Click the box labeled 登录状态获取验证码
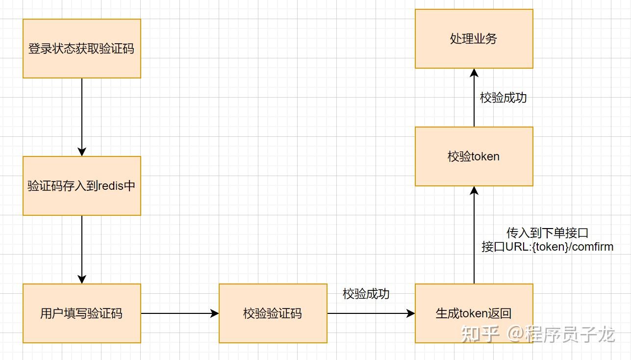click(x=82, y=49)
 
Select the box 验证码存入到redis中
click(x=82, y=186)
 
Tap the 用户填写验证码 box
click(x=82, y=313)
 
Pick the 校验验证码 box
click(x=273, y=313)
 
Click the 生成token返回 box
click(x=474, y=313)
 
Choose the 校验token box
click(x=474, y=156)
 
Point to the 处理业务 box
click(x=474, y=39)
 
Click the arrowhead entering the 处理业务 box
click(x=474, y=73)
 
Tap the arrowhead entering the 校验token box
click(x=474, y=190)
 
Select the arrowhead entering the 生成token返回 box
click(x=410, y=313)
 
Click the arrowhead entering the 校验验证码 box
click(x=215, y=313)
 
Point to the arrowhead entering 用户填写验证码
click(x=82, y=279)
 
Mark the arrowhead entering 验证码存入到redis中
click(x=82, y=152)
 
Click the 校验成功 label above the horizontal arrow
click(x=366, y=294)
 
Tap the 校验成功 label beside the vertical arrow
click(x=504, y=98)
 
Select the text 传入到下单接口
click(x=547, y=233)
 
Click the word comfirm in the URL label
click(x=593, y=247)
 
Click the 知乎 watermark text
click(x=480, y=334)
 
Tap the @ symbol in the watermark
click(x=515, y=334)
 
